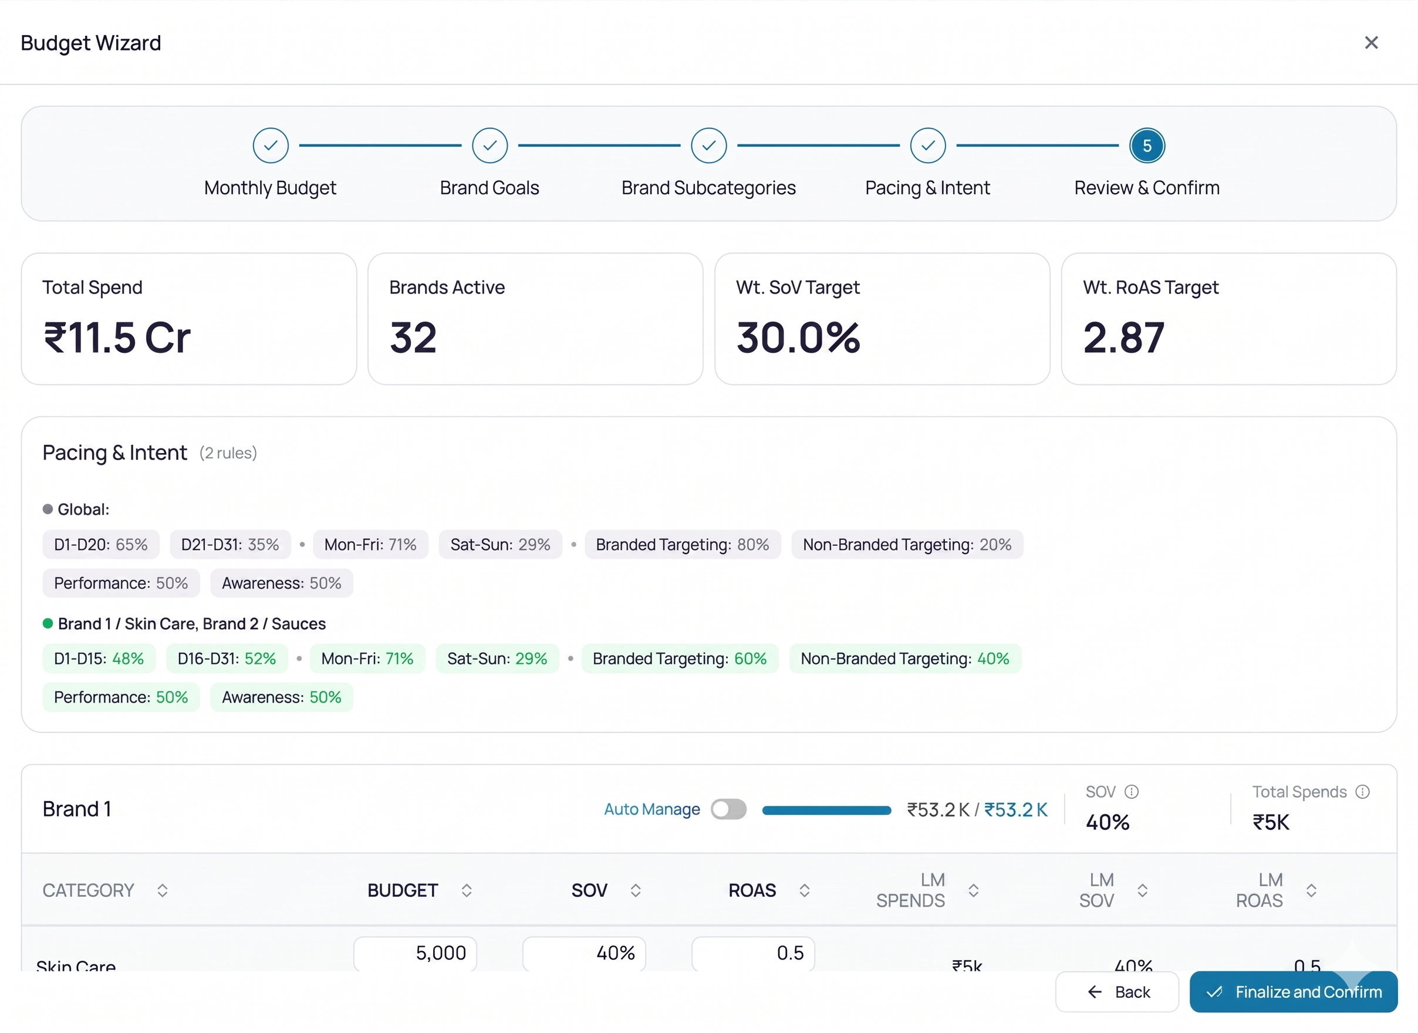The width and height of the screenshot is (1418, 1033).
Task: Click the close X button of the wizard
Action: pos(1371,42)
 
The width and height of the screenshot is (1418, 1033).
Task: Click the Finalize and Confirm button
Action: pos(1293,992)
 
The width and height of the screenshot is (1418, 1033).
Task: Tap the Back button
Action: pos(1117,992)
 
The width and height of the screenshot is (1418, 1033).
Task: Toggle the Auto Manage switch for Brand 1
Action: pos(728,809)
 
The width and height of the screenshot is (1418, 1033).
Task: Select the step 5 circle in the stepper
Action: pos(1147,146)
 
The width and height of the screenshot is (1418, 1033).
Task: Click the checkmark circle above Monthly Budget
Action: pos(271,146)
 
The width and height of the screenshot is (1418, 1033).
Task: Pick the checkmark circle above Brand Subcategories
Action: pos(708,146)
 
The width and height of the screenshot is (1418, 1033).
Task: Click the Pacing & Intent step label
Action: pos(927,188)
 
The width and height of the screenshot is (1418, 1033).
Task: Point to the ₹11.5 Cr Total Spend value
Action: pos(117,337)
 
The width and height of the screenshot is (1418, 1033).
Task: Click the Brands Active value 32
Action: pos(413,337)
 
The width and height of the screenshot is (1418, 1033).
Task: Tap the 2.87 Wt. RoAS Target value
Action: pos(1123,337)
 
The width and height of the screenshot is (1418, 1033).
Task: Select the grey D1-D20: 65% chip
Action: pos(101,545)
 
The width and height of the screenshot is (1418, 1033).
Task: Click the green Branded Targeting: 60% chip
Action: pos(680,659)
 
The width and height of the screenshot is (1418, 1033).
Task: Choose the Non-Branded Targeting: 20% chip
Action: pos(907,545)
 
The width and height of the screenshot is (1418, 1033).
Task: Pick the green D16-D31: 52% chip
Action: pos(227,659)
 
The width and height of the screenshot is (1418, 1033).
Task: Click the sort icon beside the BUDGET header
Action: pos(467,890)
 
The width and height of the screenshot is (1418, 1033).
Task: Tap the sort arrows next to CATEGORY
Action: pos(163,890)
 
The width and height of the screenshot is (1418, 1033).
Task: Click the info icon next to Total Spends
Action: pos(1362,792)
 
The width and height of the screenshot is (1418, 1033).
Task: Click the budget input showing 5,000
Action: pos(415,954)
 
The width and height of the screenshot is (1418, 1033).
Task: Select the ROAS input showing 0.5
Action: pos(753,954)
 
